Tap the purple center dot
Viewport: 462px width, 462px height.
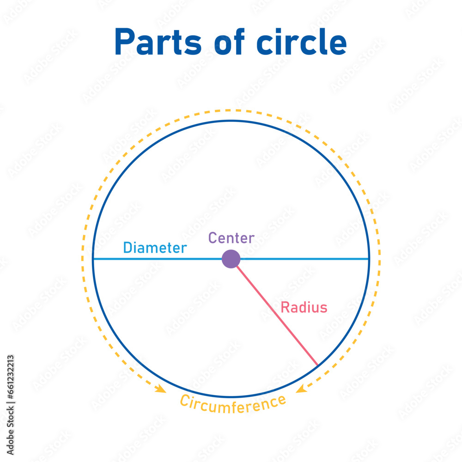231,259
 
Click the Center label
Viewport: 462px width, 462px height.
231,238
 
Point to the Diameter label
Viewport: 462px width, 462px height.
155,248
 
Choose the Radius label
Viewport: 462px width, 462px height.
304,307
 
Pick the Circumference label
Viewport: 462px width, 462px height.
232,405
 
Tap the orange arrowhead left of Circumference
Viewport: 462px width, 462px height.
161,389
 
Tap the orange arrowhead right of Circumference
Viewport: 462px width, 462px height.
301,389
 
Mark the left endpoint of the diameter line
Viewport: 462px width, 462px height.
93,259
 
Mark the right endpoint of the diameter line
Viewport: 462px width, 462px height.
369,259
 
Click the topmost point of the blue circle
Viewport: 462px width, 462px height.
231,121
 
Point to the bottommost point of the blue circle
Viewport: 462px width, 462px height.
231,396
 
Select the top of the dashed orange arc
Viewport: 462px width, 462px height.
231,110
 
